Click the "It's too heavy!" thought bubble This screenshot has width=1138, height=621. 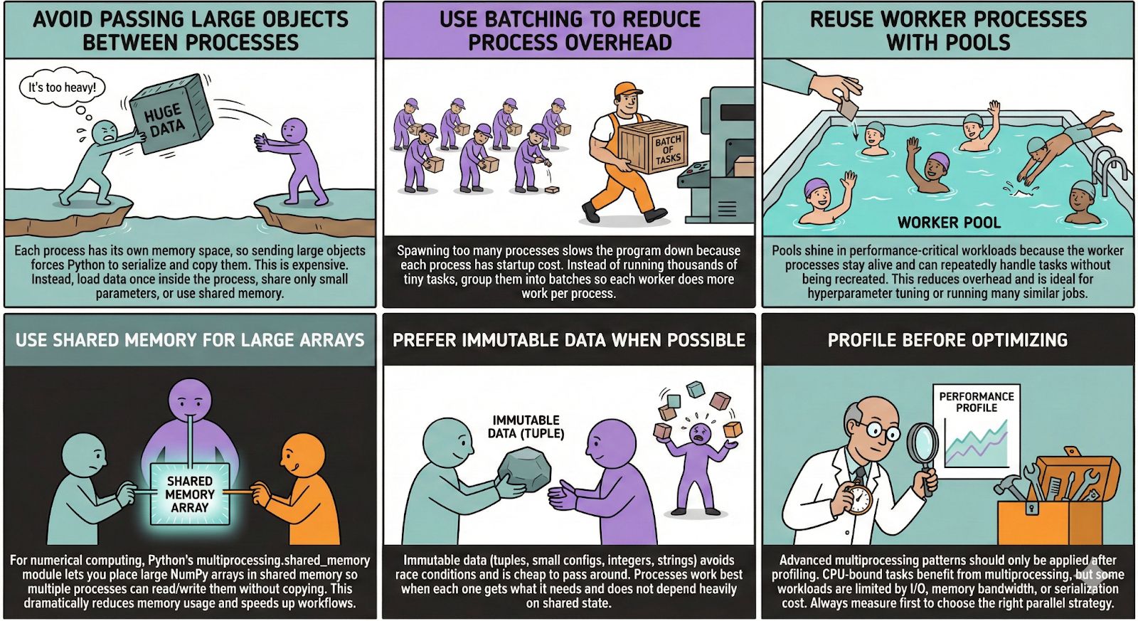click(62, 87)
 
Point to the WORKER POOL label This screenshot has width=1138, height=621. click(949, 223)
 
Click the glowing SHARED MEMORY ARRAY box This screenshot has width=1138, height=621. click(190, 494)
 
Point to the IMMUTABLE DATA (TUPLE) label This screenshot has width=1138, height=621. click(526, 427)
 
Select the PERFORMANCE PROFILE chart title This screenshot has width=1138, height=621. click(976, 402)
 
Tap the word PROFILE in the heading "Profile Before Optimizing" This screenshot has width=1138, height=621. click(865, 340)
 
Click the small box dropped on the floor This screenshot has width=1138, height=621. click(552, 190)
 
